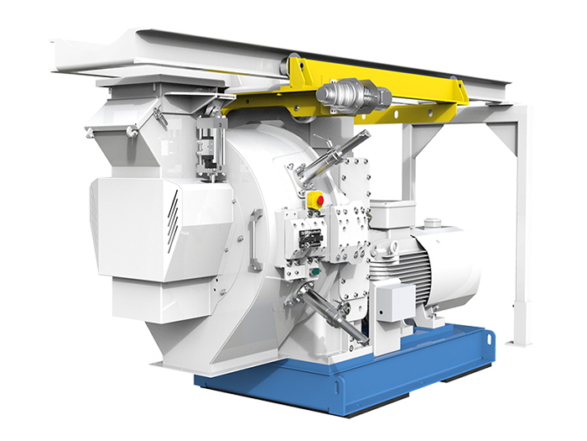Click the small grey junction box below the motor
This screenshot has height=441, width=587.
click(x=395, y=300)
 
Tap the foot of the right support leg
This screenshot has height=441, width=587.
click(x=521, y=340)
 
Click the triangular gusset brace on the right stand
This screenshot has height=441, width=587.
click(x=504, y=143)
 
